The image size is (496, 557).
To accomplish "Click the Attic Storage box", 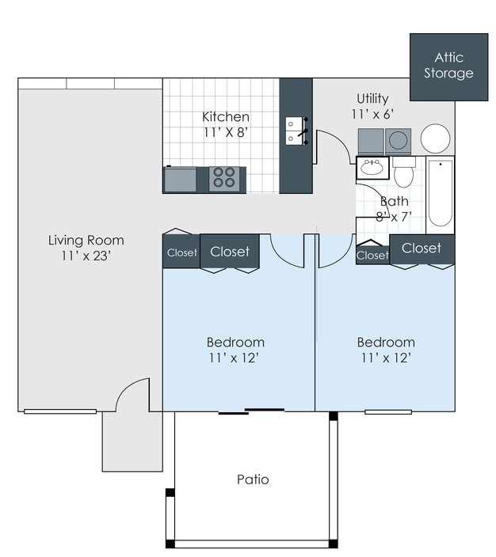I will coord(448,66).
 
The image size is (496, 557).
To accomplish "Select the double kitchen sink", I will coord(296,131).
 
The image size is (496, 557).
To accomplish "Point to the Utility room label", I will coord(372,99).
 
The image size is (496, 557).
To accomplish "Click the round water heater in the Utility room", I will coord(435,139).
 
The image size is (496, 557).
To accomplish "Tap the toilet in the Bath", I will coord(403,172).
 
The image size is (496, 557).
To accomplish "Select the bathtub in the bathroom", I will coord(440,194).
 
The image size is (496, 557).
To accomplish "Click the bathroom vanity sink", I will coord(371,168).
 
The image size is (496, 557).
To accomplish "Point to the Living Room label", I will coord(86,241).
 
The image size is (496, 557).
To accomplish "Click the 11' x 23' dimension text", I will coord(86,256).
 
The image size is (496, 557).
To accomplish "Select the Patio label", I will coord(253,479).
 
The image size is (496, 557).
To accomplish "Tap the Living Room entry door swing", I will coord(133,395).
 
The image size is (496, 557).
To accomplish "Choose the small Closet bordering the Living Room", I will coord(181,253).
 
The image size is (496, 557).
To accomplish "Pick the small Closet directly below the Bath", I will coord(372,255).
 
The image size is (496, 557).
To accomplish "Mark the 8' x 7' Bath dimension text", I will coord(394,217).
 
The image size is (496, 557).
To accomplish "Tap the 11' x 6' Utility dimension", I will coord(372,114).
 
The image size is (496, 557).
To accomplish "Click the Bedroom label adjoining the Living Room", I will coord(235,343).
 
